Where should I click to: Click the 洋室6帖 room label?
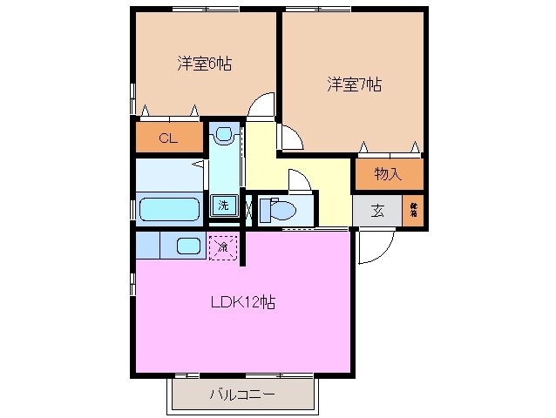(204, 64)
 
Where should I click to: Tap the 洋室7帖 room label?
(355, 85)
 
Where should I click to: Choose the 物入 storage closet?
(388, 174)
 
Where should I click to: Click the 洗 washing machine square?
(223, 206)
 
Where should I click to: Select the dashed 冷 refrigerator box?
(223, 247)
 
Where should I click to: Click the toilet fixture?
(278, 211)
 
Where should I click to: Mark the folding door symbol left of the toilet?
(250, 210)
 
